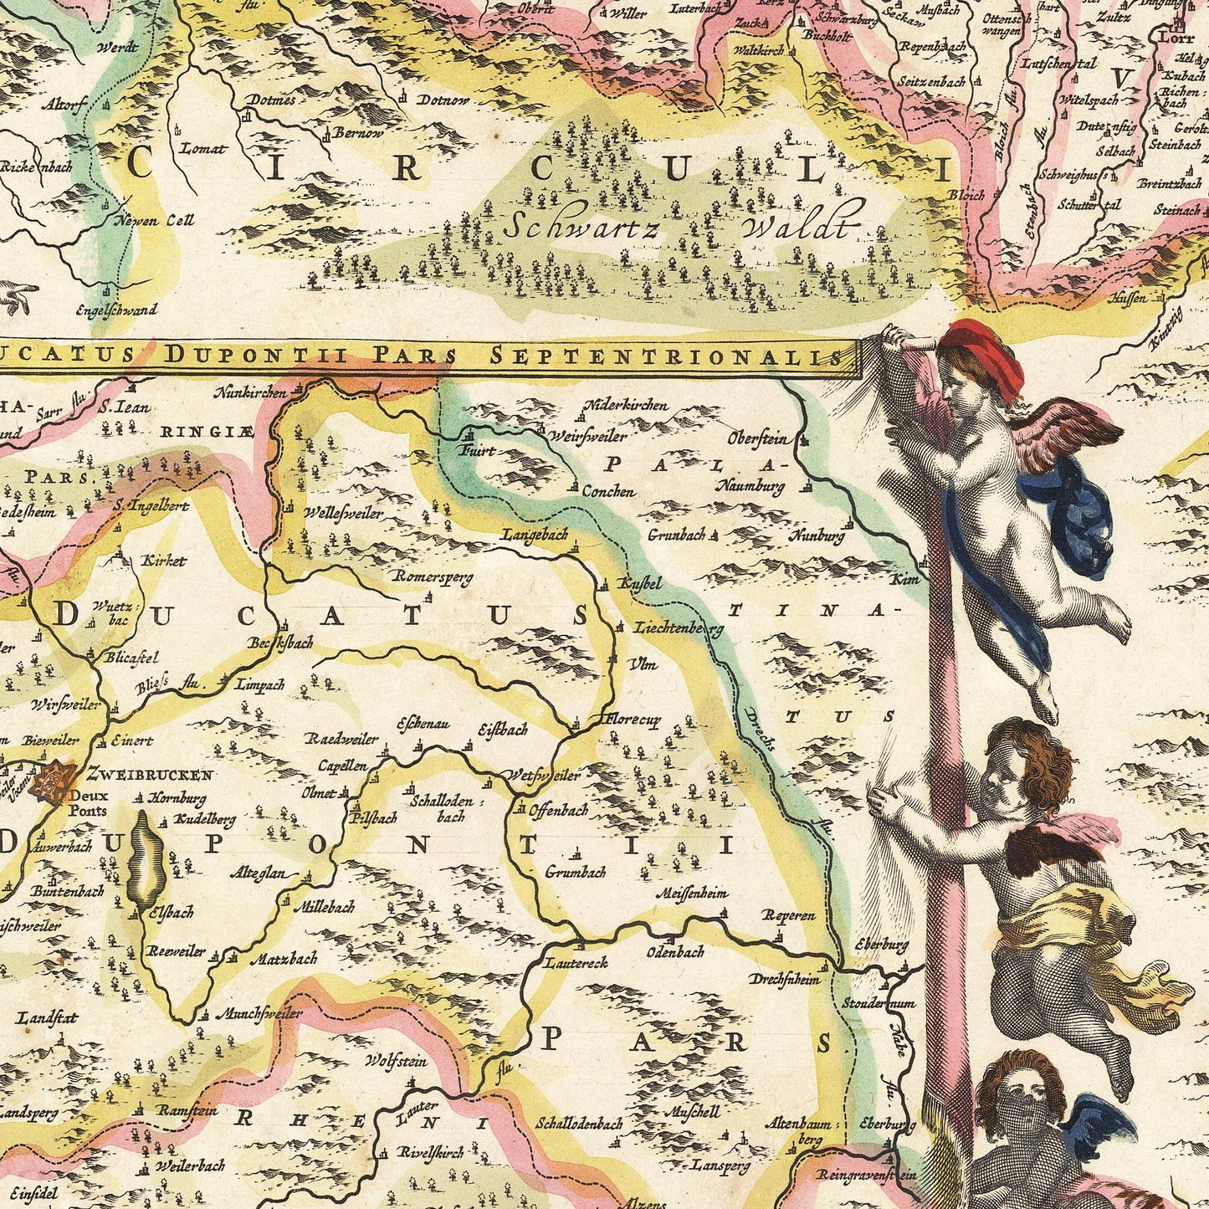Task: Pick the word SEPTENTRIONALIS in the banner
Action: [x=665, y=356]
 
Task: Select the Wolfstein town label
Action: [x=396, y=1061]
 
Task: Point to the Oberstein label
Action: [x=757, y=438]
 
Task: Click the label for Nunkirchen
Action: [x=249, y=391]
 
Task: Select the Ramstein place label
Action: [x=187, y=1111]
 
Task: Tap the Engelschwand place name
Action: [x=115, y=310]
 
